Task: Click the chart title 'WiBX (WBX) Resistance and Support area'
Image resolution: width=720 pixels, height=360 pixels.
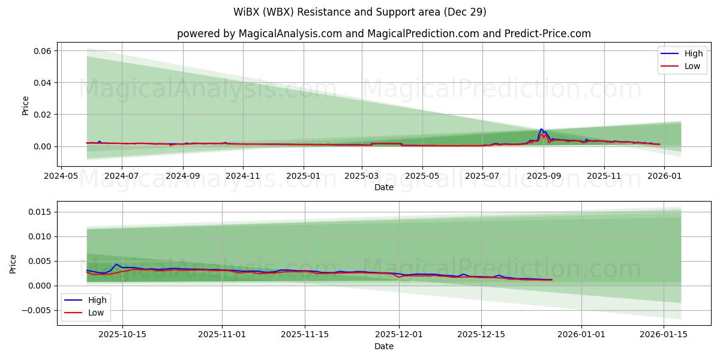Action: (x=360, y=12)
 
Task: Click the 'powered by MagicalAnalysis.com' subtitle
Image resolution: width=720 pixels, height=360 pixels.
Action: (x=384, y=34)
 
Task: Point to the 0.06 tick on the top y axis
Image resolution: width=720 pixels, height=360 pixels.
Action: (x=43, y=51)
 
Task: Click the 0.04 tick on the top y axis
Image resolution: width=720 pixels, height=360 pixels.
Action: (x=43, y=83)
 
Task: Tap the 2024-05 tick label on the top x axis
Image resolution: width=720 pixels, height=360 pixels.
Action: (x=61, y=176)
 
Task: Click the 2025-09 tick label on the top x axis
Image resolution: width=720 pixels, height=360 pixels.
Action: (x=544, y=176)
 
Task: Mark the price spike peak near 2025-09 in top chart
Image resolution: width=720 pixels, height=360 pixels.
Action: (x=541, y=129)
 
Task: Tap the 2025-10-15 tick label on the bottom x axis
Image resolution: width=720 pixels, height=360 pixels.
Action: (x=123, y=335)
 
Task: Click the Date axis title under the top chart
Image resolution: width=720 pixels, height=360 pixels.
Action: (x=384, y=187)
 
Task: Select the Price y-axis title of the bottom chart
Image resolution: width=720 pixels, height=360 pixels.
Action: (x=13, y=263)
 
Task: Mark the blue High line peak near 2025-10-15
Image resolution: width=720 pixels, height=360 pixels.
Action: (x=117, y=264)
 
